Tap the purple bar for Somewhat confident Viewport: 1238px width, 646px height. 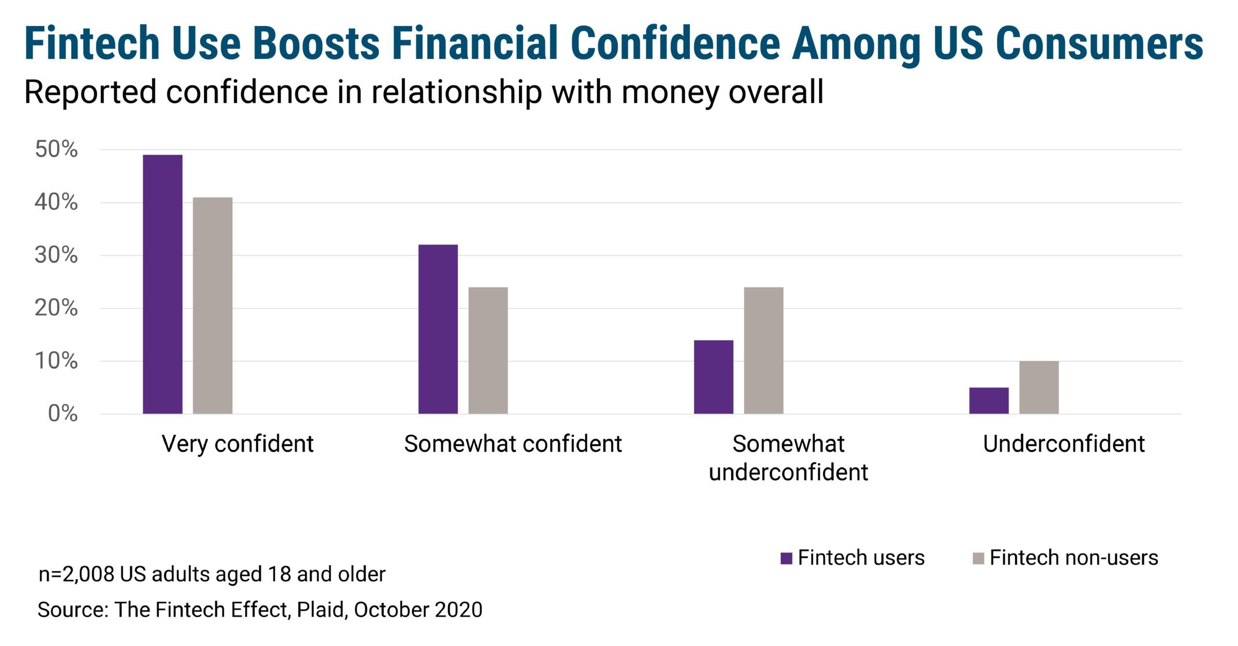coord(438,329)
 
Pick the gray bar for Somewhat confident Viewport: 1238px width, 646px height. coord(488,351)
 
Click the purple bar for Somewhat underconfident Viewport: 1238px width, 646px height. coord(713,377)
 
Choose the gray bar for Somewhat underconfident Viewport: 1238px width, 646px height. coord(764,351)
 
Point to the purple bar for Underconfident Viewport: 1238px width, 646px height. coord(989,400)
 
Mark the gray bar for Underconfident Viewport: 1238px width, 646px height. coord(1039,387)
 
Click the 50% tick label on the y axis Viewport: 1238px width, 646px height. coord(56,149)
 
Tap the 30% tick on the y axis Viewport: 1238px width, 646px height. coord(56,255)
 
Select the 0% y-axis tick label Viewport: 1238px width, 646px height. coord(62,414)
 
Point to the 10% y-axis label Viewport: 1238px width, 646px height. coord(56,361)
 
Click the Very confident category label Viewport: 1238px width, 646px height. coord(237,444)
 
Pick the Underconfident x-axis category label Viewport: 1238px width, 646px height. coord(1063,444)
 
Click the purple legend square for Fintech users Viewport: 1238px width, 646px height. coord(786,558)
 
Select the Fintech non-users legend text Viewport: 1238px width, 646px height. coord(1074,558)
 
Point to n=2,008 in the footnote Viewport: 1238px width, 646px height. coord(76,574)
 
